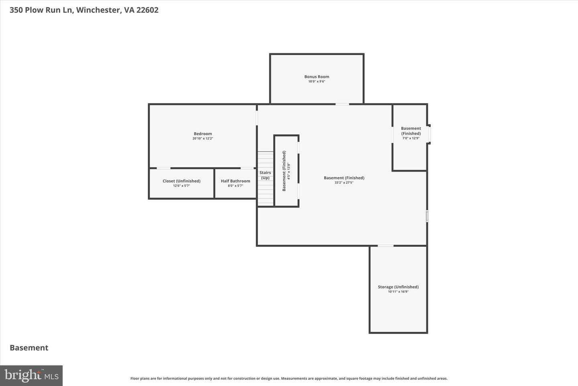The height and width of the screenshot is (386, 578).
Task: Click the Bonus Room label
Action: click(x=317, y=76)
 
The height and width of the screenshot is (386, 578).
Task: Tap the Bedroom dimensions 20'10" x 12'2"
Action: click(x=203, y=138)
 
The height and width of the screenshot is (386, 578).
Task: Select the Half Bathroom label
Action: click(x=235, y=181)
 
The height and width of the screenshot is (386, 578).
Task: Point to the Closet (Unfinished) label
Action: click(x=181, y=181)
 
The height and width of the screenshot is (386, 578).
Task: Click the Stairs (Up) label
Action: click(x=265, y=175)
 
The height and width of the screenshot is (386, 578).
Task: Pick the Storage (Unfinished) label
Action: click(x=398, y=287)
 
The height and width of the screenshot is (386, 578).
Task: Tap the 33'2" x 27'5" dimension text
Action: click(x=344, y=183)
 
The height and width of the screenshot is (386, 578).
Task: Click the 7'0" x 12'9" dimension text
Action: click(x=411, y=138)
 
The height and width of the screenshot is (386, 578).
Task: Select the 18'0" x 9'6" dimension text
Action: click(x=317, y=82)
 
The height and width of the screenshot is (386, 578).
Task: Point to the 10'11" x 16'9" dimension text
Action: click(x=398, y=292)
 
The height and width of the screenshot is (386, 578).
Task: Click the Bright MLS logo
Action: click(x=31, y=376)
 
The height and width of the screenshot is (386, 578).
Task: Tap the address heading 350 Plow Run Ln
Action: click(x=42, y=10)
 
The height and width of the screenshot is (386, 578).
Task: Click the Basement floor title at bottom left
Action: click(x=29, y=348)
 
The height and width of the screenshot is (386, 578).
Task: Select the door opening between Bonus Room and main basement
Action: click(x=342, y=104)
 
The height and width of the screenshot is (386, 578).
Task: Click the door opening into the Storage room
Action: click(x=385, y=246)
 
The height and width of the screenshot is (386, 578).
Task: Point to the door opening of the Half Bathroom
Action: click(x=247, y=168)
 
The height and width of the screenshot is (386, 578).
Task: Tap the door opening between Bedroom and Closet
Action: click(x=164, y=168)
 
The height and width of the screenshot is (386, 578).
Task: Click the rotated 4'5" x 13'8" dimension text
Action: click(x=289, y=171)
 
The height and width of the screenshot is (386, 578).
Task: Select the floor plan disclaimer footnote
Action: click(x=289, y=378)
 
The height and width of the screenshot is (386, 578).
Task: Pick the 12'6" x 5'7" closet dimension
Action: click(x=181, y=186)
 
